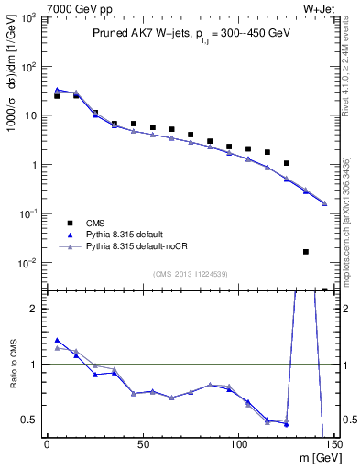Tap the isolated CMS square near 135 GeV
(306, 251)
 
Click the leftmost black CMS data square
(57, 96)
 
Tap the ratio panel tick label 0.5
(31, 420)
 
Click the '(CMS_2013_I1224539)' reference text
(191, 273)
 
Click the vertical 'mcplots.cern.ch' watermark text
(347, 211)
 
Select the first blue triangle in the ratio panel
(57, 340)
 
